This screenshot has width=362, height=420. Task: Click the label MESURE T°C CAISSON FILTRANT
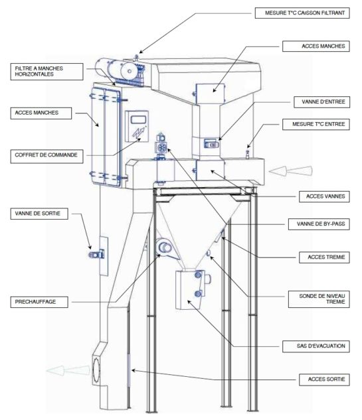point(302,13)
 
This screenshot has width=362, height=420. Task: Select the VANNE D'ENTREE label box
point(321,102)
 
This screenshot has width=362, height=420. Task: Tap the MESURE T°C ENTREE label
point(316,124)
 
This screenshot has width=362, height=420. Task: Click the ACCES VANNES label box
point(324,196)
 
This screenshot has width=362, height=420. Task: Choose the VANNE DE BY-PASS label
point(319,224)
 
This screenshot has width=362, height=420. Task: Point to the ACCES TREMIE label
point(324,257)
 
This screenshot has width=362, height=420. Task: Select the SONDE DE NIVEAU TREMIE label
point(319,299)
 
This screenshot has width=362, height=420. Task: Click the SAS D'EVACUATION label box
point(316,346)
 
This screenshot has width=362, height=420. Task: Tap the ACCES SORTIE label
point(324,380)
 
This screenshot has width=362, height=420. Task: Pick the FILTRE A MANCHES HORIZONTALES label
point(46,72)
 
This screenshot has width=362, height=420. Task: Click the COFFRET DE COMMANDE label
point(46,155)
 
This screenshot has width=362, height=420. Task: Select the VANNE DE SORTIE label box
point(39,214)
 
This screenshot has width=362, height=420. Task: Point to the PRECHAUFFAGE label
point(39,302)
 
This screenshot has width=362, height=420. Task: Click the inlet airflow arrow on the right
point(291,171)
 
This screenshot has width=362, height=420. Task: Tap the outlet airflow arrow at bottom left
point(68,370)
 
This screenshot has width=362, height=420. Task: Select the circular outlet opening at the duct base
point(96,370)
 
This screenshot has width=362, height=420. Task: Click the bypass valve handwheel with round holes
point(161,147)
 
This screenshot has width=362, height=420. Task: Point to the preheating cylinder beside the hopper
point(164,247)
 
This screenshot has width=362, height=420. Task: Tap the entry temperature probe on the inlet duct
point(248,153)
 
